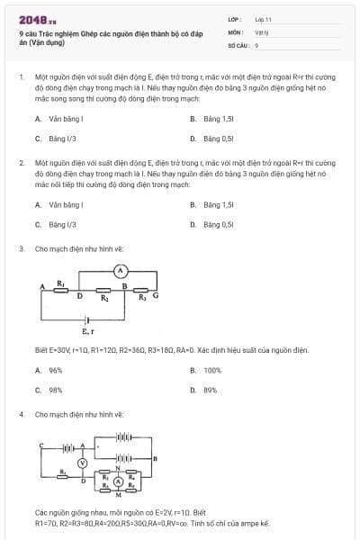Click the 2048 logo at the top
(x=32, y=18)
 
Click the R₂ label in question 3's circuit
(x=104, y=298)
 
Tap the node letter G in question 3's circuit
(x=156, y=294)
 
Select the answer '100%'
(x=212, y=370)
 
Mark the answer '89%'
(x=211, y=390)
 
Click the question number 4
(x=21, y=414)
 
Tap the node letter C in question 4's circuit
(x=41, y=445)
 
